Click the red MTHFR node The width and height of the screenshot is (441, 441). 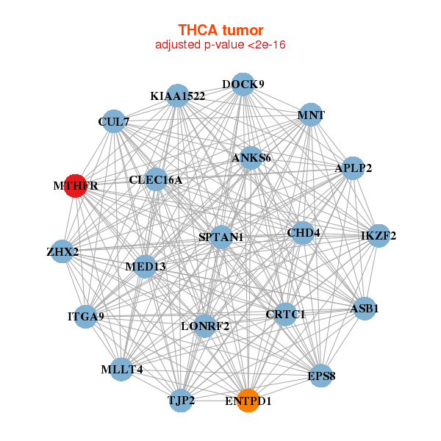tap(75, 186)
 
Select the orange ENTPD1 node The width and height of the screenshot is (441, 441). tap(248, 401)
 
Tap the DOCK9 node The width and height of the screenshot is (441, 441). tap(243, 84)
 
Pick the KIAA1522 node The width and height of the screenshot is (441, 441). tap(177, 96)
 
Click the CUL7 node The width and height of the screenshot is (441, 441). tap(113, 121)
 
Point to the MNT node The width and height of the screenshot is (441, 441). tap(311, 115)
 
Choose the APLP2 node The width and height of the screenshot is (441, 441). tap(354, 168)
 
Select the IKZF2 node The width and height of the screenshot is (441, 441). tap(379, 236)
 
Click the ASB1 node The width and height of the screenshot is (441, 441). tap(365, 308)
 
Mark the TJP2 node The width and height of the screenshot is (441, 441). tap(181, 401)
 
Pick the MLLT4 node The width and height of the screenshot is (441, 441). tap(122, 370)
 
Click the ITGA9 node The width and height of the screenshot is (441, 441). tap(86, 317)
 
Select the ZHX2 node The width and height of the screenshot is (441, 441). tap(62, 252)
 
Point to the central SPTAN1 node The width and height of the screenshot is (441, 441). tap(221, 237)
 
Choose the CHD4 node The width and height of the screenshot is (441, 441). tap(304, 234)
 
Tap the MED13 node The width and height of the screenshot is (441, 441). tap(146, 265)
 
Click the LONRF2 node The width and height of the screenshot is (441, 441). tap(205, 326)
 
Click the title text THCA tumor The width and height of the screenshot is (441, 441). tap(220, 30)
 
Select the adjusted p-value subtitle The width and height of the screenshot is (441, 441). tap(220, 45)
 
